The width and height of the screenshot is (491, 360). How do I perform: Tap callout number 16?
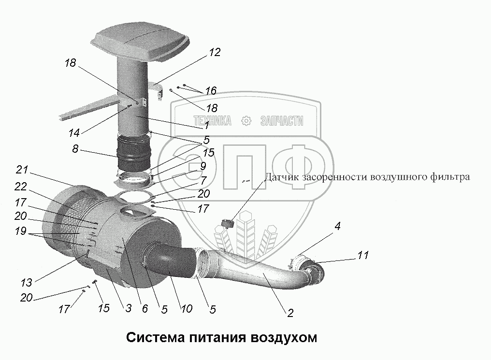click(210, 90)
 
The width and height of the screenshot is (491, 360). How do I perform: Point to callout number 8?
click(75, 149)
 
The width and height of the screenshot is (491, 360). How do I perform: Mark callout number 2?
click(290, 313)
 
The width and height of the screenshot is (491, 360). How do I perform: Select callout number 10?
click(187, 308)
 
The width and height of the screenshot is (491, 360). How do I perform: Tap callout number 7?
click(203, 181)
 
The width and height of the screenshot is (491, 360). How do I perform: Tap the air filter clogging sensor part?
click(227, 223)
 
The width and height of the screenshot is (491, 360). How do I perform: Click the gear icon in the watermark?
click(247, 120)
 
